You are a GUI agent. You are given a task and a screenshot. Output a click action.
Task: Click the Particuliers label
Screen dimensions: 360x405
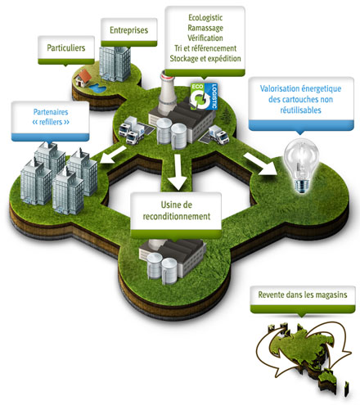coord(66,48)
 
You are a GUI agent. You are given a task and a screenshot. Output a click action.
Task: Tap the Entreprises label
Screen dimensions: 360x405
coord(129,30)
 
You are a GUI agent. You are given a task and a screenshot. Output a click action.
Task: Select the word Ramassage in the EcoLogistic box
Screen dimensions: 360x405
coord(205,28)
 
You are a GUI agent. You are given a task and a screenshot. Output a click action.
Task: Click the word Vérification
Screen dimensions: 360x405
coord(205,38)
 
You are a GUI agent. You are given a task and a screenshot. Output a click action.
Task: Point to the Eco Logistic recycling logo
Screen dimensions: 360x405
coord(204,97)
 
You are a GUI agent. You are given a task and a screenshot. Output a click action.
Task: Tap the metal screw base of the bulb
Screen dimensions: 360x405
coord(301,186)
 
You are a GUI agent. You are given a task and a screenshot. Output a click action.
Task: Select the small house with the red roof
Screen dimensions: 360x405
coord(83,78)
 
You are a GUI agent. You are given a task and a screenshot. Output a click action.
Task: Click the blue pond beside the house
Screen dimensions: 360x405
coord(97,88)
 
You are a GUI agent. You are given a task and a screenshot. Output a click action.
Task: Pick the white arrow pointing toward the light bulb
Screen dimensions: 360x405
coord(261,164)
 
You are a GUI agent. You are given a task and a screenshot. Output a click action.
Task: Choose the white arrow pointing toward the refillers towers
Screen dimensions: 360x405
coord(112,155)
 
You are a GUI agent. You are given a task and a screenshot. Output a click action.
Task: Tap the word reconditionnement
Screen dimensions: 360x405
coord(177,217)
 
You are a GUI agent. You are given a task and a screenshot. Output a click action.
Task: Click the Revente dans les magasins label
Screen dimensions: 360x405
coord(303,295)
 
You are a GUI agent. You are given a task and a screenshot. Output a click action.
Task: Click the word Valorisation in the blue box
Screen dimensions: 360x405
coord(276,88)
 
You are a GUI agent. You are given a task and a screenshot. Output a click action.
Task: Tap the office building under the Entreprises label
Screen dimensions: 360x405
coord(115,64)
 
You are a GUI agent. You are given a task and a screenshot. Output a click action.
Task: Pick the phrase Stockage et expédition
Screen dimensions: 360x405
coord(205,58)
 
